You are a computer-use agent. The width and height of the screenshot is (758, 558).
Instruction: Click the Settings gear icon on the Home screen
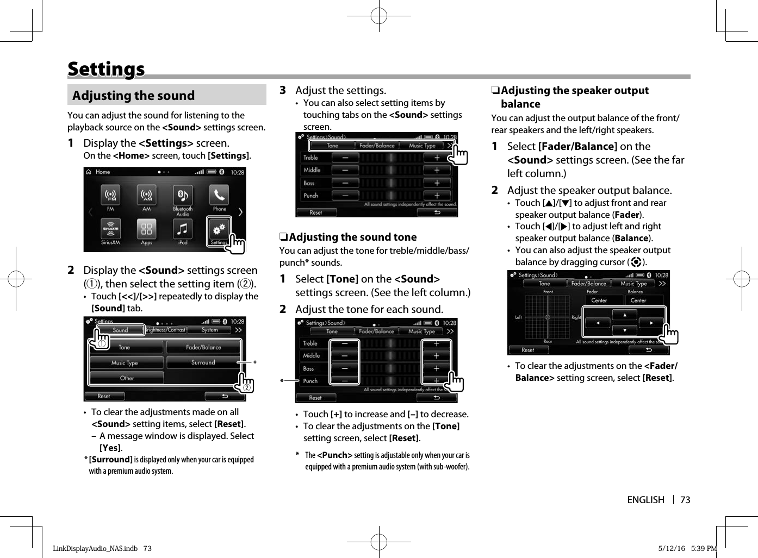pos(219,229)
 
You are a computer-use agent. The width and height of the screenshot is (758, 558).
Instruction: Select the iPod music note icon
pos(183,229)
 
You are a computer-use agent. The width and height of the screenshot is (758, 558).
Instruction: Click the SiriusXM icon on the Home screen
pos(110,229)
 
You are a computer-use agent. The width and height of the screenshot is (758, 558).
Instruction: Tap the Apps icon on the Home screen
pos(146,229)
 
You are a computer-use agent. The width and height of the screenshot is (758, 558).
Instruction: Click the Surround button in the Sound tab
pos(203,362)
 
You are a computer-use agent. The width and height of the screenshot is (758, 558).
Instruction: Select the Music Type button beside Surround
pos(125,363)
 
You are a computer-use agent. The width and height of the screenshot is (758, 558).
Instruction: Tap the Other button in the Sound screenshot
pos(127,378)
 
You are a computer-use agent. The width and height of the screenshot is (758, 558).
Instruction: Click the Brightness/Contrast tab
pos(165,330)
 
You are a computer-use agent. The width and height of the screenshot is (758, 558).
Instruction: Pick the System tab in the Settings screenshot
pos(209,330)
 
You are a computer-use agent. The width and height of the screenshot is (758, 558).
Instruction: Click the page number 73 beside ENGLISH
pos(685,500)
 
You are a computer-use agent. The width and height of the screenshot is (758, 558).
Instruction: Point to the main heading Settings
pos(106,69)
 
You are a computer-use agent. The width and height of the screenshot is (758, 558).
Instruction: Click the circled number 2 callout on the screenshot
pos(246,387)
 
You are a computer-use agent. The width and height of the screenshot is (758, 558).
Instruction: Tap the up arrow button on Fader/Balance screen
pos(625,315)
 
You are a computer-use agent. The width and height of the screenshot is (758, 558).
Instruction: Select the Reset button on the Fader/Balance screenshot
pos(528,350)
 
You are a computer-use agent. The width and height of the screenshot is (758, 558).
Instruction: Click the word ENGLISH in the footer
pos(645,500)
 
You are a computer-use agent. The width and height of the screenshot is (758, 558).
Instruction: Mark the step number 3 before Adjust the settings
pos(283,90)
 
